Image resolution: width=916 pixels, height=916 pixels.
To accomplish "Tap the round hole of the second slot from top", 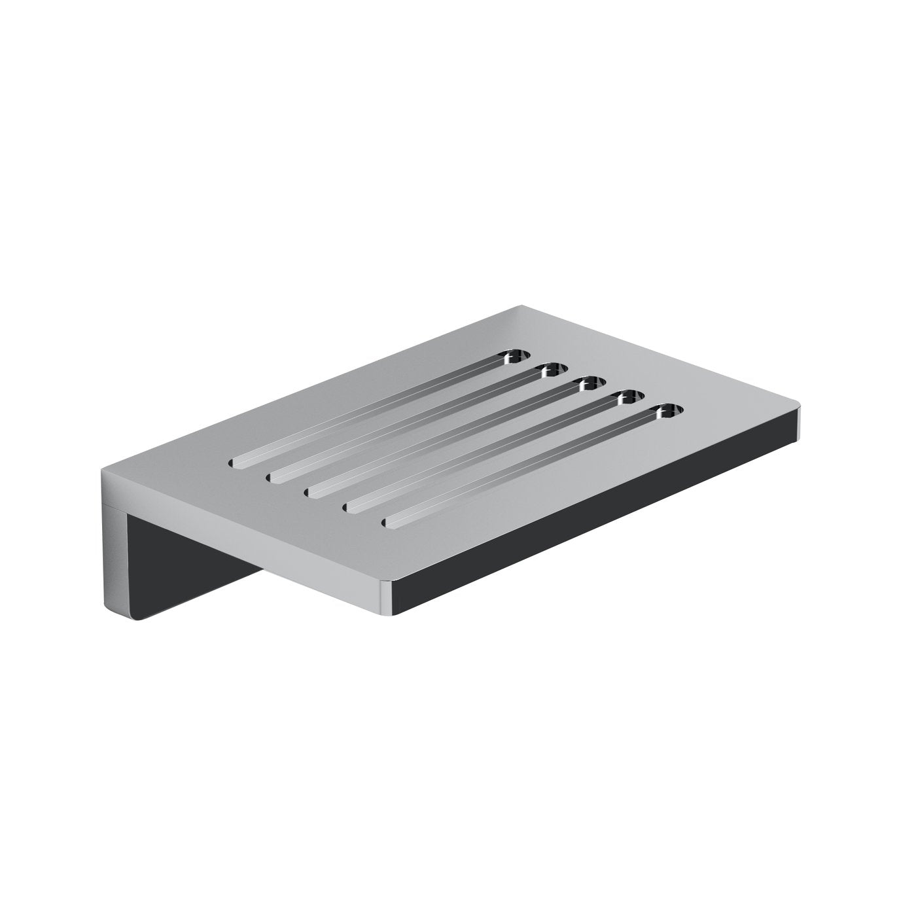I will coord(551,371).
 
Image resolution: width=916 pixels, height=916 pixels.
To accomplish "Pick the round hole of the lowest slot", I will coord(667,412).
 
